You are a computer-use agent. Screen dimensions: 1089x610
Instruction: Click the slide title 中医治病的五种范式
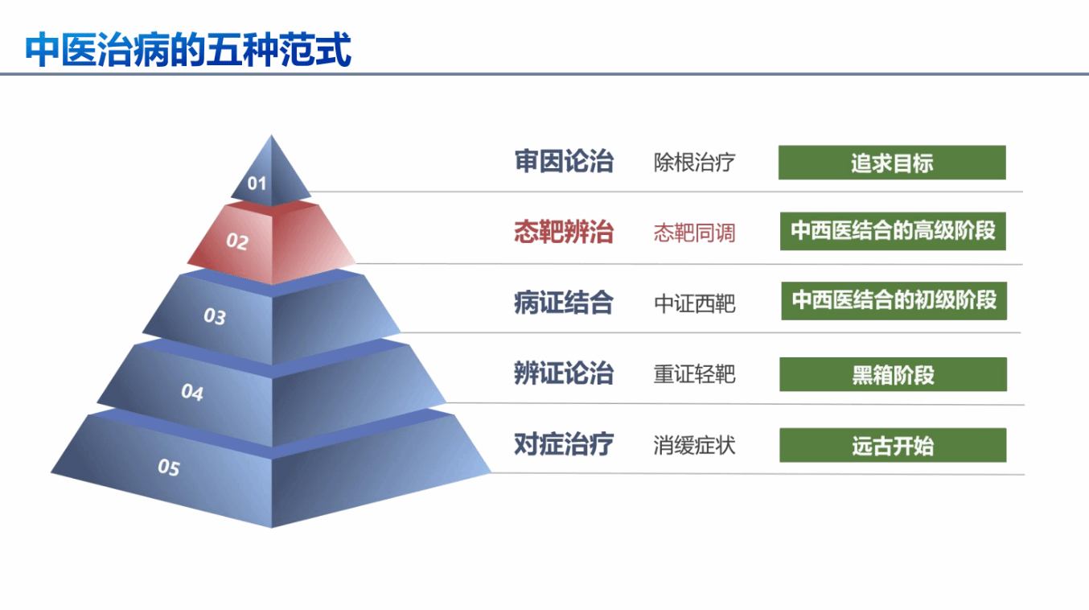[188, 49]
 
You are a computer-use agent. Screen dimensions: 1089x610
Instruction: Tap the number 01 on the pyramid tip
[257, 183]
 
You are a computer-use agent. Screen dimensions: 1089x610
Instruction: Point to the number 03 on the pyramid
[215, 316]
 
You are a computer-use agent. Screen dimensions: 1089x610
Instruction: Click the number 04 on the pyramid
[192, 392]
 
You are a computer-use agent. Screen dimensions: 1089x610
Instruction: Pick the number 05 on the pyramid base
[169, 467]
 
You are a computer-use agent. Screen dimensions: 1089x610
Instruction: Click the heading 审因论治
[564, 162]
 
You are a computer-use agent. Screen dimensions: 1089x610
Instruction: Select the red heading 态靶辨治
[564, 232]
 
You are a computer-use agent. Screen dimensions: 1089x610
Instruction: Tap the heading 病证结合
[564, 303]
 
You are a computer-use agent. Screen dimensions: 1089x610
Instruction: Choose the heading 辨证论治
[564, 373]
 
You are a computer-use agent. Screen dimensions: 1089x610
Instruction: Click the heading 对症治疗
[564, 444]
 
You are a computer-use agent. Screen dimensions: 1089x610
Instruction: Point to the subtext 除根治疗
[694, 163]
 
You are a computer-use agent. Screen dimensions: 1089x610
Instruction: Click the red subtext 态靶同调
[694, 233]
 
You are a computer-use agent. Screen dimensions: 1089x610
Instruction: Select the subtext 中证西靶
[694, 303]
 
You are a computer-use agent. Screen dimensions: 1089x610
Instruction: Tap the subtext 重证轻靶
[694, 374]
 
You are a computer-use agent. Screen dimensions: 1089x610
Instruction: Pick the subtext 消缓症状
[694, 445]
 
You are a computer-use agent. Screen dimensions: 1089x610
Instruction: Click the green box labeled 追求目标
[892, 163]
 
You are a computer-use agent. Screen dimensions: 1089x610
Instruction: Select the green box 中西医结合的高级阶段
[893, 231]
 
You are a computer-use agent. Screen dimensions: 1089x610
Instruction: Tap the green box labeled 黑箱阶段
[893, 374]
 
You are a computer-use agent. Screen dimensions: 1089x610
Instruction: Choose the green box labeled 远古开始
[893, 445]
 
